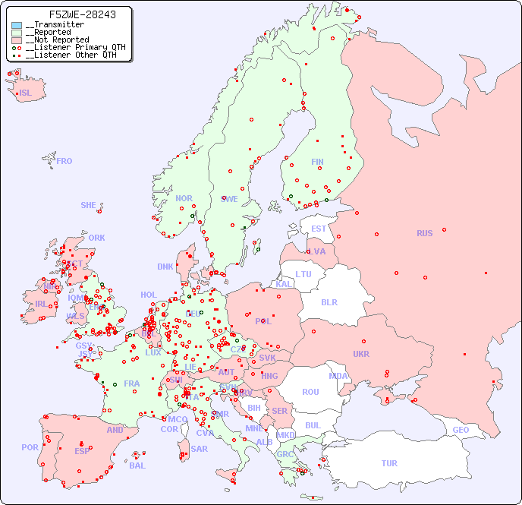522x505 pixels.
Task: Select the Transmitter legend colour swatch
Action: pyautogui.click(x=17, y=25)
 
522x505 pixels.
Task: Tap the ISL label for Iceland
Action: pyautogui.click(x=26, y=93)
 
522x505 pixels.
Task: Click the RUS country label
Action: pyautogui.click(x=424, y=233)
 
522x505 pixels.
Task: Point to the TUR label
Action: pyautogui.click(x=389, y=463)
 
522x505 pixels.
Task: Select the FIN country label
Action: pyautogui.click(x=317, y=162)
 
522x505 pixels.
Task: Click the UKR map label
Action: pyautogui.click(x=361, y=354)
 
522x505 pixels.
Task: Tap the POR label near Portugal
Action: pyautogui.click(x=30, y=447)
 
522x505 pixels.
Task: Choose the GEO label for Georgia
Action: pyautogui.click(x=461, y=430)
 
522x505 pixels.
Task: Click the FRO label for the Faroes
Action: pyautogui.click(x=64, y=161)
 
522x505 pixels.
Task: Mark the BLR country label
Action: pyautogui.click(x=329, y=301)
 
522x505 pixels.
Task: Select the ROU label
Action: pyautogui.click(x=310, y=392)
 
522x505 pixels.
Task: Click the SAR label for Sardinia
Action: pyautogui.click(x=200, y=449)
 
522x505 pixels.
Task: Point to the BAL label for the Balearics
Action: pyautogui.click(x=137, y=466)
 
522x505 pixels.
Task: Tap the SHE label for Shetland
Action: pyautogui.click(x=89, y=205)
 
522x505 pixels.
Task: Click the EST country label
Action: pyautogui.click(x=319, y=229)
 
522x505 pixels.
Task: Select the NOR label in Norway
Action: pyautogui.click(x=184, y=198)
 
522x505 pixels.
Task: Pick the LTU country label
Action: pyautogui.click(x=303, y=274)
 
